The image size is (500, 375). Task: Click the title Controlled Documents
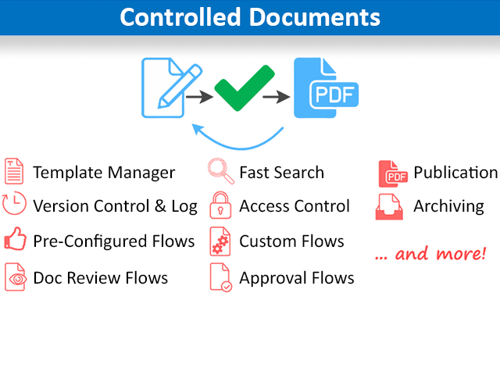(x=250, y=17)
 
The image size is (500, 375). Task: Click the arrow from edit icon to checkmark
(x=201, y=97)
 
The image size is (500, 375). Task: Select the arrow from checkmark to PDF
(x=275, y=97)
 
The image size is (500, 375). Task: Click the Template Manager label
(x=104, y=173)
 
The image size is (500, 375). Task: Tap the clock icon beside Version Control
(x=14, y=205)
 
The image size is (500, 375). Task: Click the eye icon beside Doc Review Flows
(x=14, y=277)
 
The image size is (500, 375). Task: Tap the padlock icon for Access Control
(x=220, y=205)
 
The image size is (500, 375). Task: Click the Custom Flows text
(x=291, y=241)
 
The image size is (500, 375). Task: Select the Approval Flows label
(x=296, y=278)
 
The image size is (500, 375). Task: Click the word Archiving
(x=448, y=207)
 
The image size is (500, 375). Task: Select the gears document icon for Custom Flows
(x=220, y=241)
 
